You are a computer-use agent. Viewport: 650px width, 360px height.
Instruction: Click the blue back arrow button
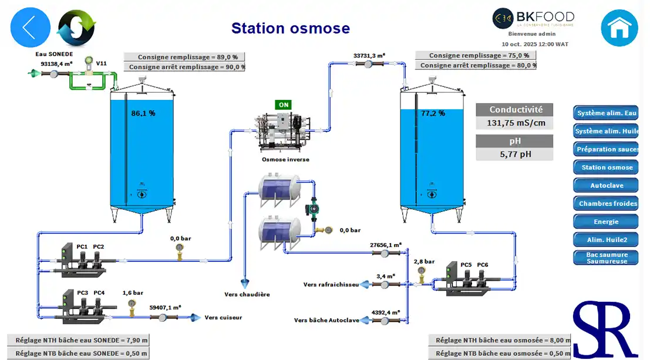(x=31, y=27)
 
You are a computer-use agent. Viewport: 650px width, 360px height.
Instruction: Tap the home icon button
(x=619, y=28)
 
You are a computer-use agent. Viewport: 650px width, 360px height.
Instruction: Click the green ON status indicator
(x=284, y=105)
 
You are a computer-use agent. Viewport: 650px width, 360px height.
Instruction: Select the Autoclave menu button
(x=606, y=186)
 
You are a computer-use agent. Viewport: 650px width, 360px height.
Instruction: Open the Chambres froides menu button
(x=606, y=204)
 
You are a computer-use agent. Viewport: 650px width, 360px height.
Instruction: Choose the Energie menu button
(x=606, y=222)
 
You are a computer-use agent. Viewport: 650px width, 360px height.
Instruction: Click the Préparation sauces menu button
(x=606, y=149)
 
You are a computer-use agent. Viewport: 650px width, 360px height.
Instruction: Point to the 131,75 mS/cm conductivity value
(x=514, y=123)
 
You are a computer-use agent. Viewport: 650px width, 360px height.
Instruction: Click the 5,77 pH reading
(x=514, y=154)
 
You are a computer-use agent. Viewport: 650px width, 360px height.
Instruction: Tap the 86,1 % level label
(x=143, y=113)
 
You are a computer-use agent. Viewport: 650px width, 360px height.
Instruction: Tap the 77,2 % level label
(x=433, y=113)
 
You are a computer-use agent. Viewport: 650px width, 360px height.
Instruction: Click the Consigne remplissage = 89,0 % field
(x=184, y=57)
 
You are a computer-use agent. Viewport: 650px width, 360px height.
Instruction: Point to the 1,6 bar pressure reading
(x=133, y=292)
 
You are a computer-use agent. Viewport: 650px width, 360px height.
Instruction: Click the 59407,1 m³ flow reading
(x=165, y=307)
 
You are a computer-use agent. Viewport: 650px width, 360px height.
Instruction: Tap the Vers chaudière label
(x=247, y=294)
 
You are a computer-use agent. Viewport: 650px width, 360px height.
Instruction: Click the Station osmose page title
(x=290, y=28)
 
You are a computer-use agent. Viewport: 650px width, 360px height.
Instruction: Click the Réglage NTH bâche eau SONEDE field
(x=78, y=340)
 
